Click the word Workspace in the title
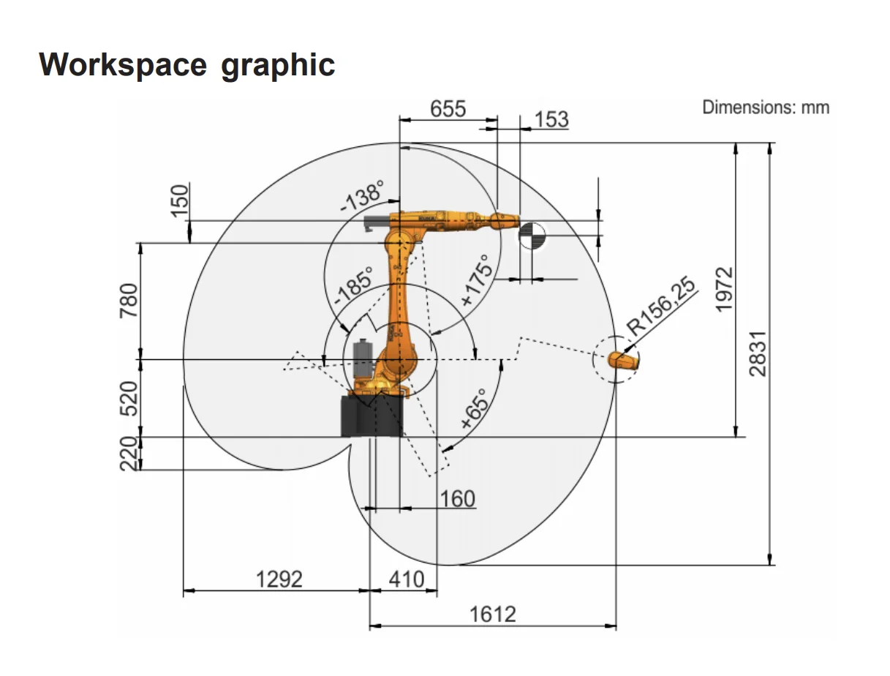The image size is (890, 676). click(123, 65)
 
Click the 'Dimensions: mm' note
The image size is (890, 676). click(766, 108)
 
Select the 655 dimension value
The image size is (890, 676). click(448, 109)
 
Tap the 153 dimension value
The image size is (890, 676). click(551, 120)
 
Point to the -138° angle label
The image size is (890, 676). click(362, 197)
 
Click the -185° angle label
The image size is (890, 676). click(353, 286)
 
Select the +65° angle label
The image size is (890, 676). click(474, 409)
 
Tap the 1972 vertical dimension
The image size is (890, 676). click(724, 290)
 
